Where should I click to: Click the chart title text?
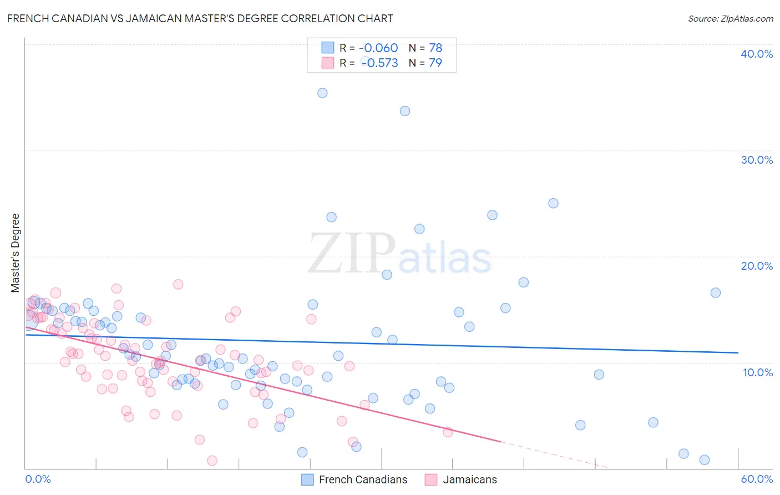tap(200, 18)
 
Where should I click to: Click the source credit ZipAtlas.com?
tap(730, 18)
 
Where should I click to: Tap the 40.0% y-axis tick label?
tap(757, 54)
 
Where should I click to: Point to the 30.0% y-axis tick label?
tap(757, 160)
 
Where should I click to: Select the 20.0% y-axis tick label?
tap(757, 266)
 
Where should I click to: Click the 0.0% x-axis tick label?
tap(38, 479)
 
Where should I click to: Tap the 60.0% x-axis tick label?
tap(757, 479)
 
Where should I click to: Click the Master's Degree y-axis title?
tap(16, 252)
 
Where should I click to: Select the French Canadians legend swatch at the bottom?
tap(308, 479)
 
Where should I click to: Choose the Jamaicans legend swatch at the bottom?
tap(431, 479)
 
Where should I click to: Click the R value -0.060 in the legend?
tap(378, 48)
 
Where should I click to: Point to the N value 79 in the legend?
tap(435, 63)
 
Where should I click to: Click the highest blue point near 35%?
tap(322, 93)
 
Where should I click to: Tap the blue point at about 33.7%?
tap(405, 111)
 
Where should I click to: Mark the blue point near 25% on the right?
tap(553, 203)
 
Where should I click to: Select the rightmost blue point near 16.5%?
tap(716, 292)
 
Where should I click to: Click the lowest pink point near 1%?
tap(212, 461)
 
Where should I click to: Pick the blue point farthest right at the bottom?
tap(705, 459)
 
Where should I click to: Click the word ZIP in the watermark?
tap(352, 253)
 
